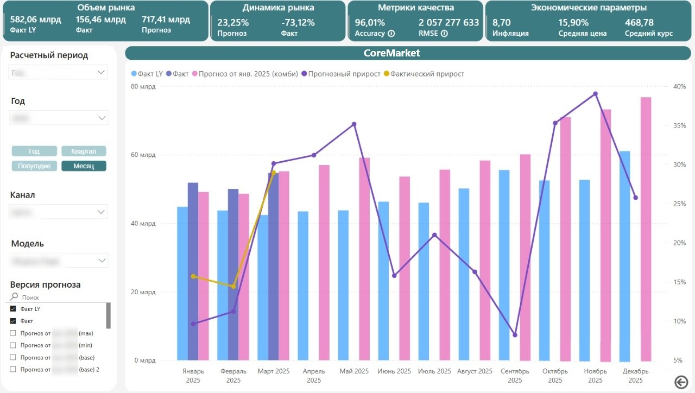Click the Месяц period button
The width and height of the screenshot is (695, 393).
(84, 166)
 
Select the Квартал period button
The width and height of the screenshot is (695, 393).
(84, 151)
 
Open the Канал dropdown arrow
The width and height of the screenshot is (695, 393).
(101, 212)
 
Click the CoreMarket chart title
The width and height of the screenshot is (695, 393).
(391, 53)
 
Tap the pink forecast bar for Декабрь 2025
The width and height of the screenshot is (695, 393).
(646, 228)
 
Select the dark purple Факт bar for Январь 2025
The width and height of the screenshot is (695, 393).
(193, 271)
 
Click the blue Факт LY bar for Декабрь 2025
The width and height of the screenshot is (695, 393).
(625, 255)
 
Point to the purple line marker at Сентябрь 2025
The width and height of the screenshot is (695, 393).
(515, 335)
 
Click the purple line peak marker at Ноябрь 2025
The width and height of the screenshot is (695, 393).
(595, 94)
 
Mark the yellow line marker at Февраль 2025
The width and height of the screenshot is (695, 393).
(233, 286)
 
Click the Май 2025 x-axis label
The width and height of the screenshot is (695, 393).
(354, 371)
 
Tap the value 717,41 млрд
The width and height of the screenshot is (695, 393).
(166, 20)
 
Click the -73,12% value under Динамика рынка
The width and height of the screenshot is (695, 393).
(298, 23)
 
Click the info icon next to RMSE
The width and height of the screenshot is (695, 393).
(444, 34)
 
